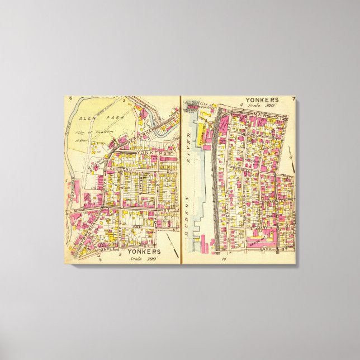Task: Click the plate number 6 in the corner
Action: pyautogui.click(x=71, y=99)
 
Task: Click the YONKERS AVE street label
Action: pyautogui.click(x=139, y=151)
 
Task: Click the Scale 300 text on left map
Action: pyautogui.click(x=141, y=258)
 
